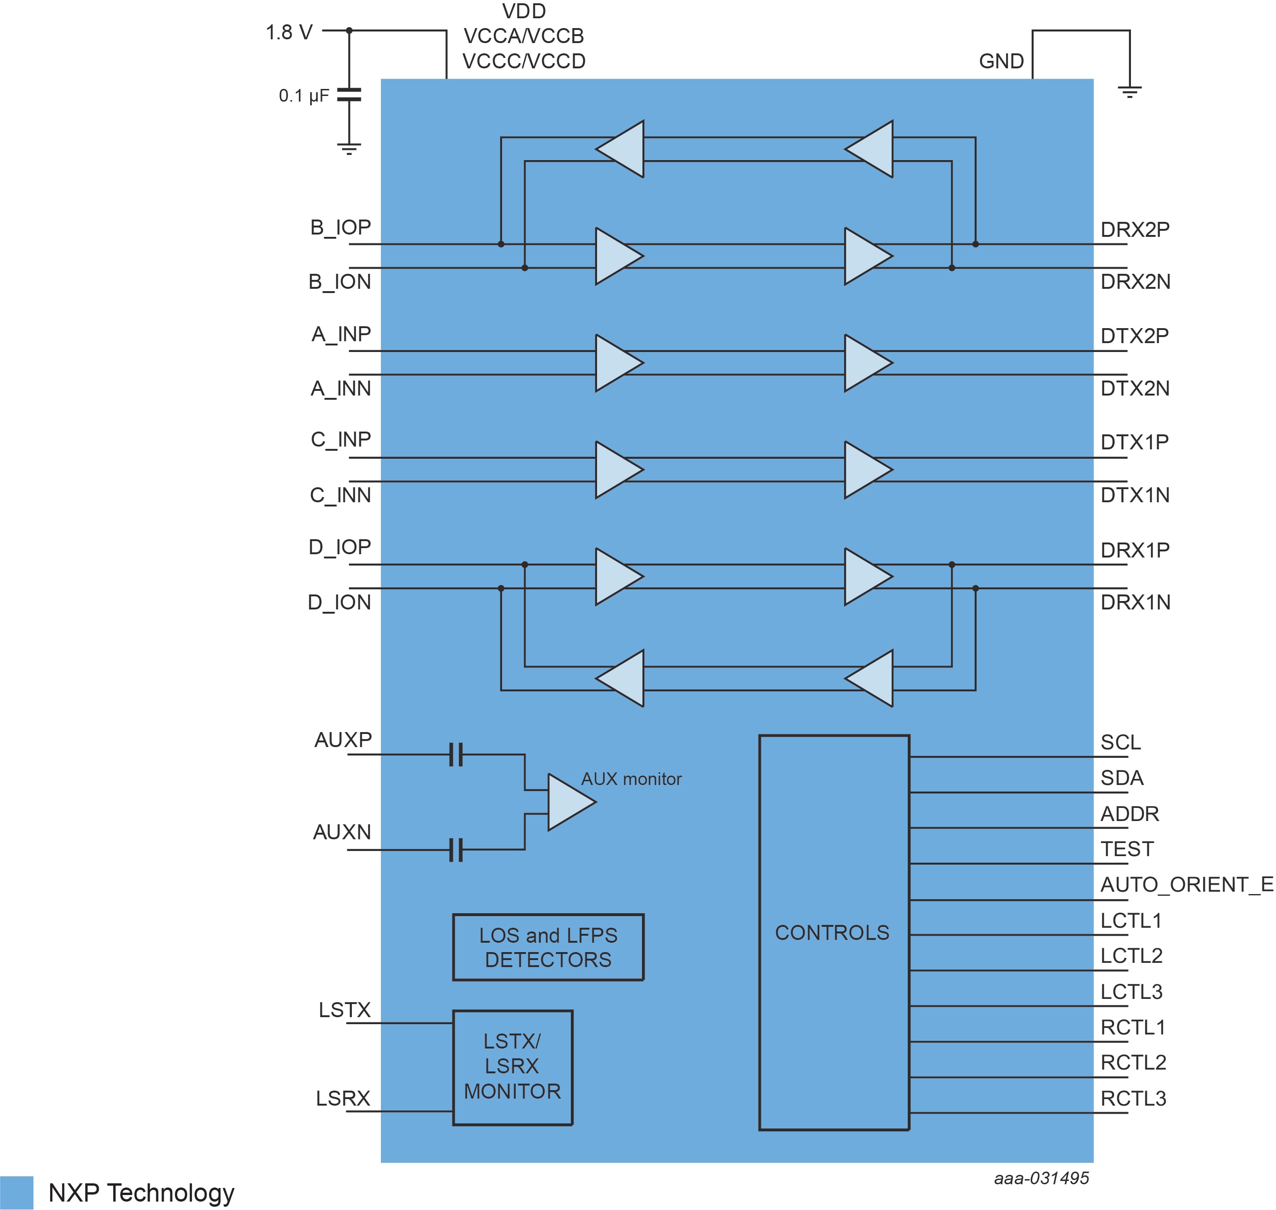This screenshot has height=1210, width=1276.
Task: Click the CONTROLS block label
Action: point(832,932)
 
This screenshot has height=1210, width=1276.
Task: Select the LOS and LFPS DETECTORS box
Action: point(548,947)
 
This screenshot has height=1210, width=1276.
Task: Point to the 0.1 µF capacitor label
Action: point(304,96)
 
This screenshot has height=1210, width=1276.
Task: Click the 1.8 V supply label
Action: point(289,32)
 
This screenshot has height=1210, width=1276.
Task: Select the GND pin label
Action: point(1001,61)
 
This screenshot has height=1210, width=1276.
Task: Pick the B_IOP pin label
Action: point(341,227)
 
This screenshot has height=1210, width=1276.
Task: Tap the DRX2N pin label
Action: point(1135,281)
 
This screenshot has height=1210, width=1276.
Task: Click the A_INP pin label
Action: point(341,334)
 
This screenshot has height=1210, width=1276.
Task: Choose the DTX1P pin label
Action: point(1134,442)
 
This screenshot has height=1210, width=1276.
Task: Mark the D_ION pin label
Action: point(339,602)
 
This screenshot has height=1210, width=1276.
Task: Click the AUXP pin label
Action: point(343,739)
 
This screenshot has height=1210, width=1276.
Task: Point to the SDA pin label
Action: point(1122,778)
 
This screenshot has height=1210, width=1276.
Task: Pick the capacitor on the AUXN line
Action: point(456,850)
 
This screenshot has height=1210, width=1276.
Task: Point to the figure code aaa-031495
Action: point(1041,1178)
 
